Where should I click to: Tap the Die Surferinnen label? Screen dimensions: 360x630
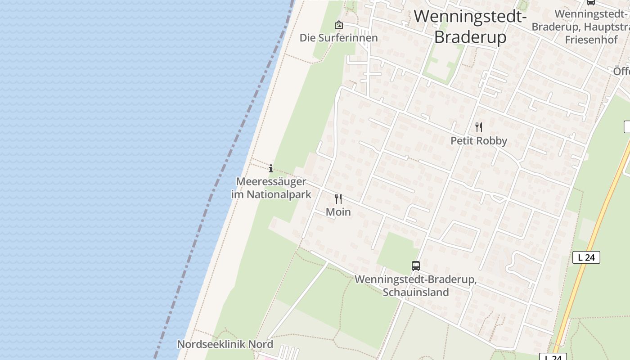[x=338, y=38]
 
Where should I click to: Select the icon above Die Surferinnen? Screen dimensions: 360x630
[x=338, y=25]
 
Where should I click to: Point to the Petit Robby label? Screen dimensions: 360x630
[x=479, y=141]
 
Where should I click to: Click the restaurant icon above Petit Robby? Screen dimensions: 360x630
[x=479, y=127]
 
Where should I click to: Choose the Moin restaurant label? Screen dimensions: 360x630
[x=338, y=211]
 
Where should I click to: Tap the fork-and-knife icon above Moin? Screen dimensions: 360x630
[x=338, y=198]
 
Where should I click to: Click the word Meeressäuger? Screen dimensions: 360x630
[x=271, y=182]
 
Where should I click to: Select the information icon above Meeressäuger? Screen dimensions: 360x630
[x=271, y=169]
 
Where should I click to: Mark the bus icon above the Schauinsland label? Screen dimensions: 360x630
[x=416, y=266]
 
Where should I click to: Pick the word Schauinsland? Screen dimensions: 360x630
[x=416, y=292]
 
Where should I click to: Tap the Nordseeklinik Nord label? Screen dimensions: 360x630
[x=225, y=344]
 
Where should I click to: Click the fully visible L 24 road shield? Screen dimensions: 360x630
[x=586, y=257]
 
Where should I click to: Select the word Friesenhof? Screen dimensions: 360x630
[x=591, y=39]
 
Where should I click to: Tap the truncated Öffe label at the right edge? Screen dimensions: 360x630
[x=621, y=72]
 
